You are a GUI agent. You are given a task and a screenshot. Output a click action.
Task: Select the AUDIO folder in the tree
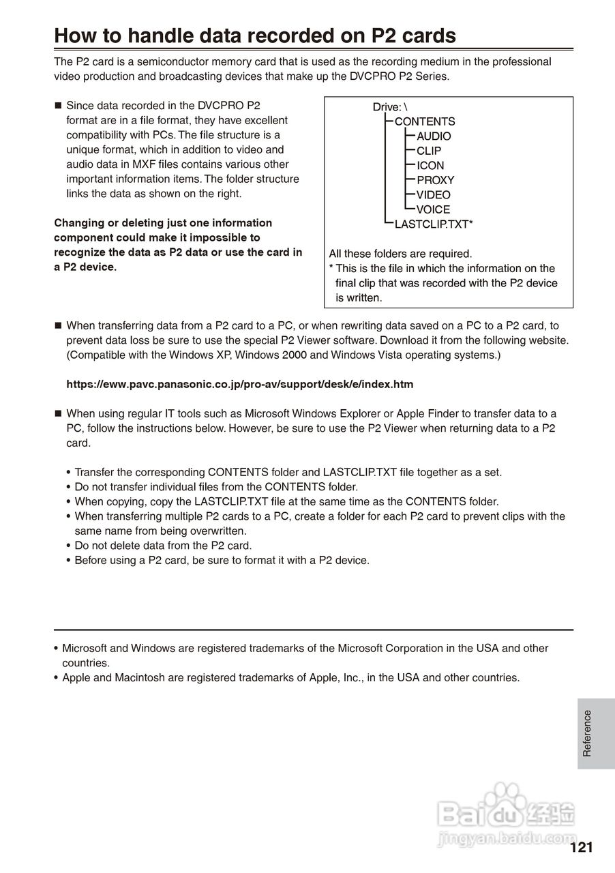(434, 136)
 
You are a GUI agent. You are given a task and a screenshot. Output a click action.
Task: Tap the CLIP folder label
(429, 151)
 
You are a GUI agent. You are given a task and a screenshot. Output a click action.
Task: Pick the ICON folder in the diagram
(430, 166)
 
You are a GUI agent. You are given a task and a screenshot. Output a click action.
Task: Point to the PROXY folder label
(435, 180)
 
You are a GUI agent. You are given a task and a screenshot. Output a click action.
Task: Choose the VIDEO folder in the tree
(433, 195)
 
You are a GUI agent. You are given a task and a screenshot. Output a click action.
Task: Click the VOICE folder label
(433, 209)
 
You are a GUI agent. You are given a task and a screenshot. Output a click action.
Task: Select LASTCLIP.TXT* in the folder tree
(434, 224)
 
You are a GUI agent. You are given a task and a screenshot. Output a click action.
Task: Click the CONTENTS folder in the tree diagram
(425, 121)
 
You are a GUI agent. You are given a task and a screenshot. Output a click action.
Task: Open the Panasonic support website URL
(239, 384)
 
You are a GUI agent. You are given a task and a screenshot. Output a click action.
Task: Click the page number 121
(581, 848)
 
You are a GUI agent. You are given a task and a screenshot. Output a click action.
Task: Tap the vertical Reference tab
(587, 733)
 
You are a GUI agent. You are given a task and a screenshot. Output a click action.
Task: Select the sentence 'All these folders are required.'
(400, 254)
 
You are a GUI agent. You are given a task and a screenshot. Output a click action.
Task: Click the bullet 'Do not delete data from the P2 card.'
(163, 546)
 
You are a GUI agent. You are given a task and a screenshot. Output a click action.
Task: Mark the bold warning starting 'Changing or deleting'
(177, 245)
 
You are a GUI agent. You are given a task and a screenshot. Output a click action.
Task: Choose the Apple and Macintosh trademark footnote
(290, 678)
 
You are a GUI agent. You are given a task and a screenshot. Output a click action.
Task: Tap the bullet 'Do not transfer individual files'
(216, 487)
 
